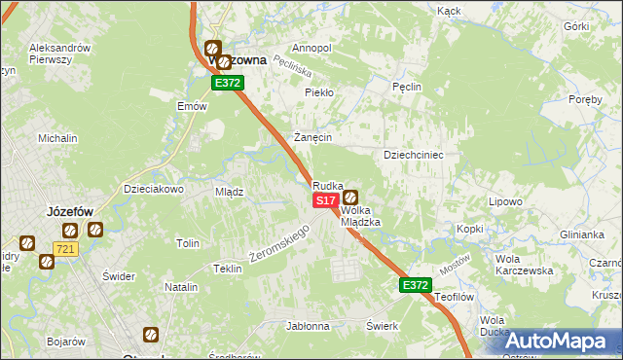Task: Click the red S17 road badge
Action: pyautogui.click(x=325, y=199)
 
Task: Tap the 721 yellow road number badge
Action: pyautogui.click(x=65, y=250)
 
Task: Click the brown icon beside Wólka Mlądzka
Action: pyautogui.click(x=350, y=198)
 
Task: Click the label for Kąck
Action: pyautogui.click(x=449, y=11)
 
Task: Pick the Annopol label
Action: pyautogui.click(x=311, y=48)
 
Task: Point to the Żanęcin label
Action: pyautogui.click(x=314, y=137)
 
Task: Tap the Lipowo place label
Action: pyautogui.click(x=506, y=201)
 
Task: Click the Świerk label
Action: pyautogui.click(x=383, y=326)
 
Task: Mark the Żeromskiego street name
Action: pyautogui.click(x=279, y=243)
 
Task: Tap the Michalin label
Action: pyautogui.click(x=57, y=138)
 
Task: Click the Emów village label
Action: pyautogui.click(x=192, y=106)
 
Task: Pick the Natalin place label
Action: pyautogui.click(x=181, y=287)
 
